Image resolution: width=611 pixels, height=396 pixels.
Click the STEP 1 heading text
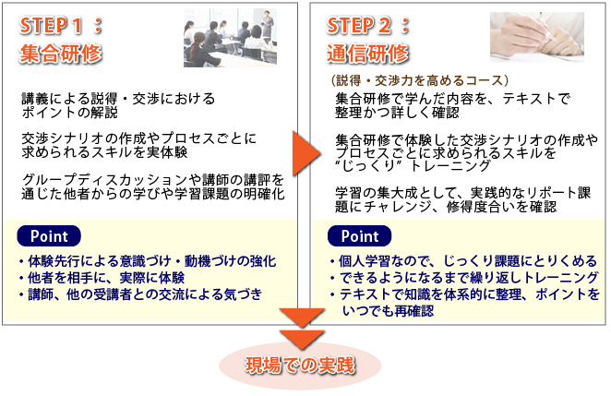click(x=61, y=26)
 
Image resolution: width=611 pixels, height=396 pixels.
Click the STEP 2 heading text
click(x=368, y=26)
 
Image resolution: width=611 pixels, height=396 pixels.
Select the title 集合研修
click(x=60, y=54)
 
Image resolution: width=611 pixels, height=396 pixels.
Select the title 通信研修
click(x=367, y=54)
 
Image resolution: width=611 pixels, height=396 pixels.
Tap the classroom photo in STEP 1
click(x=231, y=38)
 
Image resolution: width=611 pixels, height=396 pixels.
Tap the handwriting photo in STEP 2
click(x=537, y=37)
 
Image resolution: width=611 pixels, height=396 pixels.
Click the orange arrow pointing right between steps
click(x=306, y=153)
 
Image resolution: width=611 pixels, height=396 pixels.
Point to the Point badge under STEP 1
click(x=49, y=236)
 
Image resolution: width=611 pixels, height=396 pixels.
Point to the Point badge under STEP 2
click(x=360, y=236)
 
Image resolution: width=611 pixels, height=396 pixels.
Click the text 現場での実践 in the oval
click(x=300, y=366)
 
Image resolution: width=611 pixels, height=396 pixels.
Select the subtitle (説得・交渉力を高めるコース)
click(x=419, y=80)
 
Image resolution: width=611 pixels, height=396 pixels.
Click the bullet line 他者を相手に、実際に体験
click(x=102, y=278)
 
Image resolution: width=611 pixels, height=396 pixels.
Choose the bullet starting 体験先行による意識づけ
click(x=148, y=260)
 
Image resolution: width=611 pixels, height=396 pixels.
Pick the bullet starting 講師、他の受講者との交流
click(x=140, y=294)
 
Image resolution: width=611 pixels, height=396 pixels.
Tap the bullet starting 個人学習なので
click(x=463, y=260)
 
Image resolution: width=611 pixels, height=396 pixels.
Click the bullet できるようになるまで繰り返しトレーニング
click(x=463, y=278)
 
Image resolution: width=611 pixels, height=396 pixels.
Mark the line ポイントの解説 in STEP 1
click(x=70, y=113)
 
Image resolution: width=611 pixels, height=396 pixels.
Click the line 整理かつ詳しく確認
click(x=397, y=113)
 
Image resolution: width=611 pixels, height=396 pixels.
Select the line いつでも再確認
click(x=389, y=311)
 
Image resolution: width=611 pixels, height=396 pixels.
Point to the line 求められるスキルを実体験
click(x=104, y=152)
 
